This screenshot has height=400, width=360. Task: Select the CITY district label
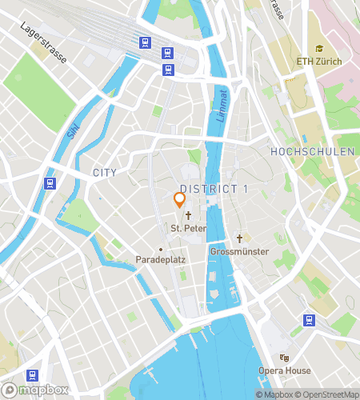pos(104,173)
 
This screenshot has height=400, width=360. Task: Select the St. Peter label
pos(189,229)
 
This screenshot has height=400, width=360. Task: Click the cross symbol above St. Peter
pos(189,216)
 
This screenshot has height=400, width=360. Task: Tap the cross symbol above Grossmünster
pos(239,238)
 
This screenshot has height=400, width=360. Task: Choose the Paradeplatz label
pos(161,260)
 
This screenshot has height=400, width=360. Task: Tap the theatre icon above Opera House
pos(283,358)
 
